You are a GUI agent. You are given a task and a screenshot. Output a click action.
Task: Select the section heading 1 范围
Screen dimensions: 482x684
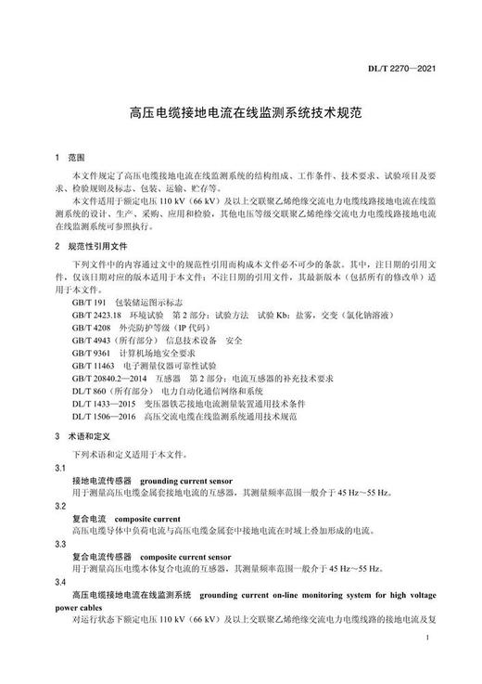point(70,157)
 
